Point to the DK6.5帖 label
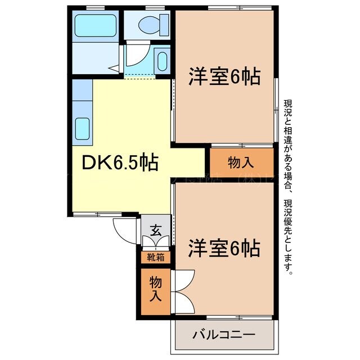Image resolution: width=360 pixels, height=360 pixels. point(120,164)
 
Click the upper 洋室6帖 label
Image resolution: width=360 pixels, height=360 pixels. point(224,76)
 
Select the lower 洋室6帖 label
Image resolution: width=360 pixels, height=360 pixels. point(224,247)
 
